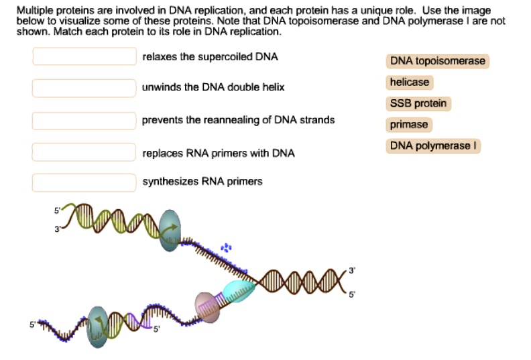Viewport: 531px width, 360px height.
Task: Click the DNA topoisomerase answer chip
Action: click(x=437, y=62)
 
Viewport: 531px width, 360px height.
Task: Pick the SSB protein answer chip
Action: click(x=418, y=104)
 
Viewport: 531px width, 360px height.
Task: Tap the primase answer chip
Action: click(x=409, y=125)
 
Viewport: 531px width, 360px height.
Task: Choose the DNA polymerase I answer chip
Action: click(x=434, y=146)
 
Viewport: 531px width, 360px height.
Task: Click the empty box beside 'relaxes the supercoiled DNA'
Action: click(x=84, y=56)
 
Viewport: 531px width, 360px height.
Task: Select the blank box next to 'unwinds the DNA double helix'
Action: click(x=84, y=88)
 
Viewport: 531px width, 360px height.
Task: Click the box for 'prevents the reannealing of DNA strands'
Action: click(x=84, y=120)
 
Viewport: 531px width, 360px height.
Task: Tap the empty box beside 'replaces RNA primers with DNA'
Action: click(x=84, y=152)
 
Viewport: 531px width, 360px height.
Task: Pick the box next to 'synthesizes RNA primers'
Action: click(x=84, y=182)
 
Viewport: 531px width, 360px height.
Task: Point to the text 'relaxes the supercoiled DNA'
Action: click(x=210, y=57)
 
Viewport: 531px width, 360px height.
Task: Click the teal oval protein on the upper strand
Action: click(x=170, y=231)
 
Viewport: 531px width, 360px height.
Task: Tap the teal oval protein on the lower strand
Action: click(x=98, y=326)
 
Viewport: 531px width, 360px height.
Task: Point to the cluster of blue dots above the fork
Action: click(x=227, y=249)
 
